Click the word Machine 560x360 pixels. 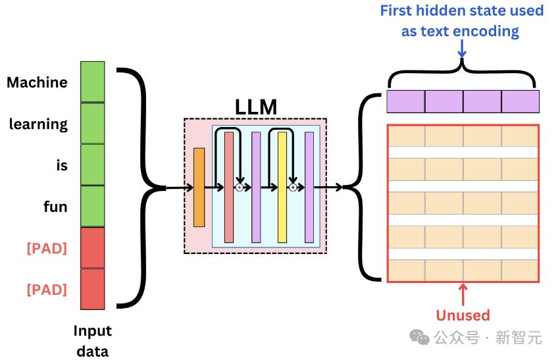(x=37, y=83)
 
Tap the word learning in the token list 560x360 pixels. (x=38, y=124)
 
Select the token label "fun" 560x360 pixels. (x=55, y=207)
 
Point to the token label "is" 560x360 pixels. (x=62, y=166)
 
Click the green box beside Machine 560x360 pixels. (x=92, y=82)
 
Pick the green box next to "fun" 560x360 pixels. (x=92, y=207)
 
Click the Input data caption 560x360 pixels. (x=92, y=340)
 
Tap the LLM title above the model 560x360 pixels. (x=256, y=107)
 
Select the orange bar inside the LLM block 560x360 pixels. (x=199, y=188)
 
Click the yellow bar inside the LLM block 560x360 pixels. (x=282, y=188)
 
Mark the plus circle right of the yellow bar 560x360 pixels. (x=293, y=188)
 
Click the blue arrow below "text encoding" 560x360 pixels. (x=462, y=49)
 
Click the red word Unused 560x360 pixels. (x=463, y=315)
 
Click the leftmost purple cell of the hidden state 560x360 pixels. (x=405, y=101)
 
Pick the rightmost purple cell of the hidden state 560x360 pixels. (x=520, y=101)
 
